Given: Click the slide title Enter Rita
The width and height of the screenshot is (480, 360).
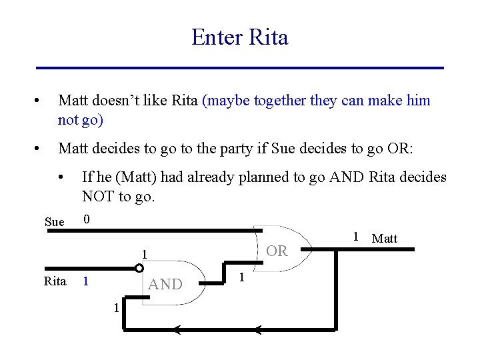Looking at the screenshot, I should coord(239,37).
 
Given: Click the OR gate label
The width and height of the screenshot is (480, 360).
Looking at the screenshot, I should coord(277,251).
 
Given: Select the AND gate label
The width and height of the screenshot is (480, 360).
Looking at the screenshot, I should coord(165,284).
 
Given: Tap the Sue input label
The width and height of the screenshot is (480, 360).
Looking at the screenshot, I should coord(54,222).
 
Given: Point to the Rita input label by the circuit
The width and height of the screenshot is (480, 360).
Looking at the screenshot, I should coord(55,281).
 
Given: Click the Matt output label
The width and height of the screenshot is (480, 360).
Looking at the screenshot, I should coord(384,238).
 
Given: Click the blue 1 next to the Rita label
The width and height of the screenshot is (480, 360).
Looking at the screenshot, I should coord(85,281).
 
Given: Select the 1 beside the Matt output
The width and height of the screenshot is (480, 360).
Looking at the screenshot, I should coord(357,235).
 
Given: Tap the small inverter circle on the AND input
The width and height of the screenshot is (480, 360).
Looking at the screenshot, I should coord(139,268).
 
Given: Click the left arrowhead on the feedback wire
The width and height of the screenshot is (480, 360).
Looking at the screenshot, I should coord(177,329).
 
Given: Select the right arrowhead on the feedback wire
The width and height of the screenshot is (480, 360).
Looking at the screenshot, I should coord(259,329).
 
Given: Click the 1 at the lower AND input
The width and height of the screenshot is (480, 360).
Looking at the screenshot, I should coord(115,307).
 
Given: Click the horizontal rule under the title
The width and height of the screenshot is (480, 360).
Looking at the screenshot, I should coord(239,68).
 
